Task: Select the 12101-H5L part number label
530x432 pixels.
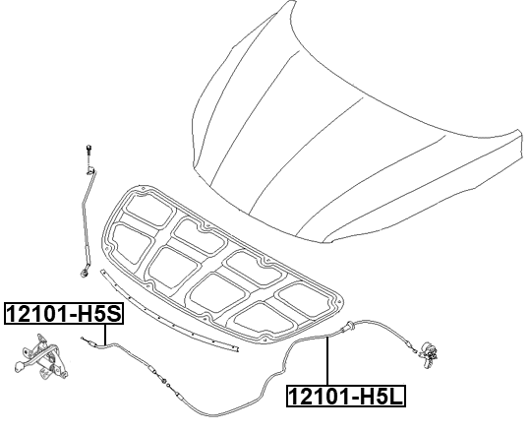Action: click(346, 397)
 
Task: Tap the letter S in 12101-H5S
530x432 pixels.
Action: click(113, 314)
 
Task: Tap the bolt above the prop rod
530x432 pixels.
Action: click(88, 151)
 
